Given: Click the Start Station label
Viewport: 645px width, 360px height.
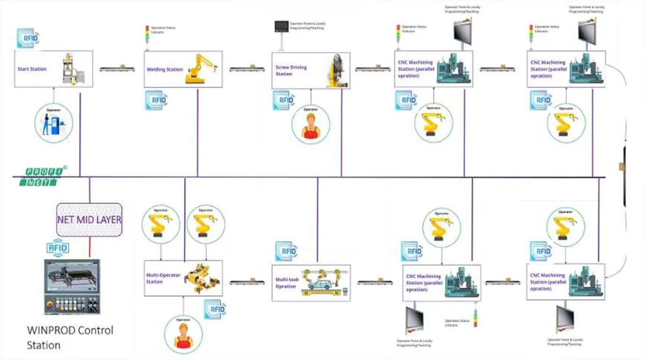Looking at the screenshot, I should click(32, 69).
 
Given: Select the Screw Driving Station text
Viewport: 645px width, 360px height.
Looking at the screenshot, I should click(291, 70).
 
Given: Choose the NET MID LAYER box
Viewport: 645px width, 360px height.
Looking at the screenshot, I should click(89, 219).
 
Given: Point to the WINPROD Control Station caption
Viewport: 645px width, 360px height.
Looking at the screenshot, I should click(70, 337).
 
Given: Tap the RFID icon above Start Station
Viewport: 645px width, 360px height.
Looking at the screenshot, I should click(28, 38).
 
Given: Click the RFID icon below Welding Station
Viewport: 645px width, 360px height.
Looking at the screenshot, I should click(156, 100).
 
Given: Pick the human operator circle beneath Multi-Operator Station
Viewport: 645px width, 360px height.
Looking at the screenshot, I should click(183, 334).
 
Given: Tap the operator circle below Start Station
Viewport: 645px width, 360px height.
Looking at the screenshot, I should click(53, 123).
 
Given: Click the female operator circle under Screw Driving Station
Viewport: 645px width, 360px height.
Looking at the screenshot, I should click(310, 124).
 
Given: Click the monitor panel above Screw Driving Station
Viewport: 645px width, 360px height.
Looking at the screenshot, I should click(282, 27).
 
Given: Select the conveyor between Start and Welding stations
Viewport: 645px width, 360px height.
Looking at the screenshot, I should click(118, 69).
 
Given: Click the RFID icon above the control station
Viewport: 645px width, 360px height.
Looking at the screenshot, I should click(58, 248).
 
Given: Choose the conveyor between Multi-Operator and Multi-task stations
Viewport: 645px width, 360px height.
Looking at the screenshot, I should click(247, 282).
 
